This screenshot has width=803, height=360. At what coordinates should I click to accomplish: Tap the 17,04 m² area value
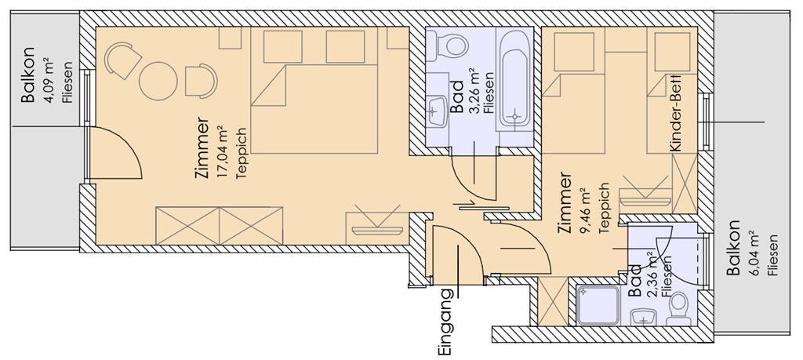click(x=222, y=150)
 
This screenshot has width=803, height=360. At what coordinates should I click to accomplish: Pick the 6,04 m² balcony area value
click(x=753, y=250)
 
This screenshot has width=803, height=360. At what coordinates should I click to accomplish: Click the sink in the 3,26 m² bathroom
click(x=436, y=110)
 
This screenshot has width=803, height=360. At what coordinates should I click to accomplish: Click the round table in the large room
click(x=158, y=81)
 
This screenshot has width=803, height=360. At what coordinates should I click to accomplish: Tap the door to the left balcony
click(x=115, y=153)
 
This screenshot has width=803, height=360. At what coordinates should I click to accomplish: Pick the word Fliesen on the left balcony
click(x=67, y=82)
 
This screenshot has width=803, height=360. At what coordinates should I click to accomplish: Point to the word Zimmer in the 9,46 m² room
click(x=566, y=204)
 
